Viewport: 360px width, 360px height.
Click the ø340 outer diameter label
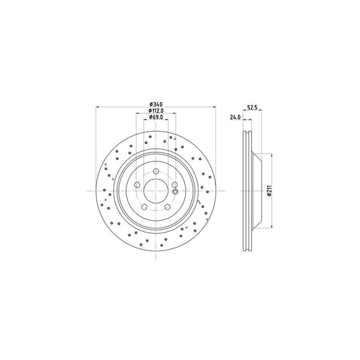(156, 103)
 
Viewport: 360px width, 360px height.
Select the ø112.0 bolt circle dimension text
(156, 110)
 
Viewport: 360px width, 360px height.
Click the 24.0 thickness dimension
(235, 117)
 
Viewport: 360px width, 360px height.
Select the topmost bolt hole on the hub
(156, 172)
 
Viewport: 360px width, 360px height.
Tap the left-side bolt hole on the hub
(137, 186)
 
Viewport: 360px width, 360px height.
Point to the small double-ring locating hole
(176, 192)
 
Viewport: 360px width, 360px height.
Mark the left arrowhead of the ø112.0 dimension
(138, 113)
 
